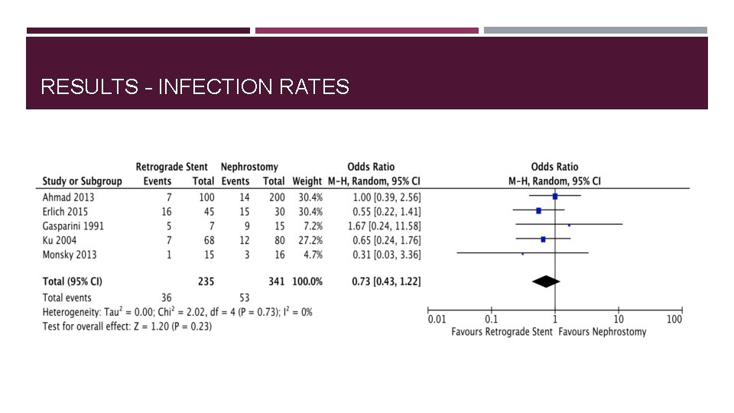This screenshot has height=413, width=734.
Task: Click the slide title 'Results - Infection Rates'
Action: coord(195,86)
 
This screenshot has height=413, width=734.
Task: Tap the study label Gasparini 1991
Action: coord(73,226)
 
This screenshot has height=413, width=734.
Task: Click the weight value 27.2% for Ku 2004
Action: coord(309,240)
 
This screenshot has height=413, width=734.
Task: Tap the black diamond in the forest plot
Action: coord(546,281)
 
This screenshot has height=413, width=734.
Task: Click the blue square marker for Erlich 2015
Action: coord(539,210)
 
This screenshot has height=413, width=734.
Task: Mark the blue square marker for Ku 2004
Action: coord(543,239)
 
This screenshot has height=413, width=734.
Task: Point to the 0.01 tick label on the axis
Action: coord(436,319)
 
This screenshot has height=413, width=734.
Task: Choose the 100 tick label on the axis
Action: coord(674,319)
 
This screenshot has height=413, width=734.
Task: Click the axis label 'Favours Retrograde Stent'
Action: coord(502,332)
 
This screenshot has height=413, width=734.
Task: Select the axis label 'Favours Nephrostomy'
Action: coord(602,332)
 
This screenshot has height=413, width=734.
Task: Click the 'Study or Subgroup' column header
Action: coord(82,181)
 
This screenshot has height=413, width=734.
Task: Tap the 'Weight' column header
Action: coord(307,181)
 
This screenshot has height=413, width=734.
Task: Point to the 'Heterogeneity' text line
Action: coord(177,312)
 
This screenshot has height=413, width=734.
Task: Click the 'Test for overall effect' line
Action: coord(127,327)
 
